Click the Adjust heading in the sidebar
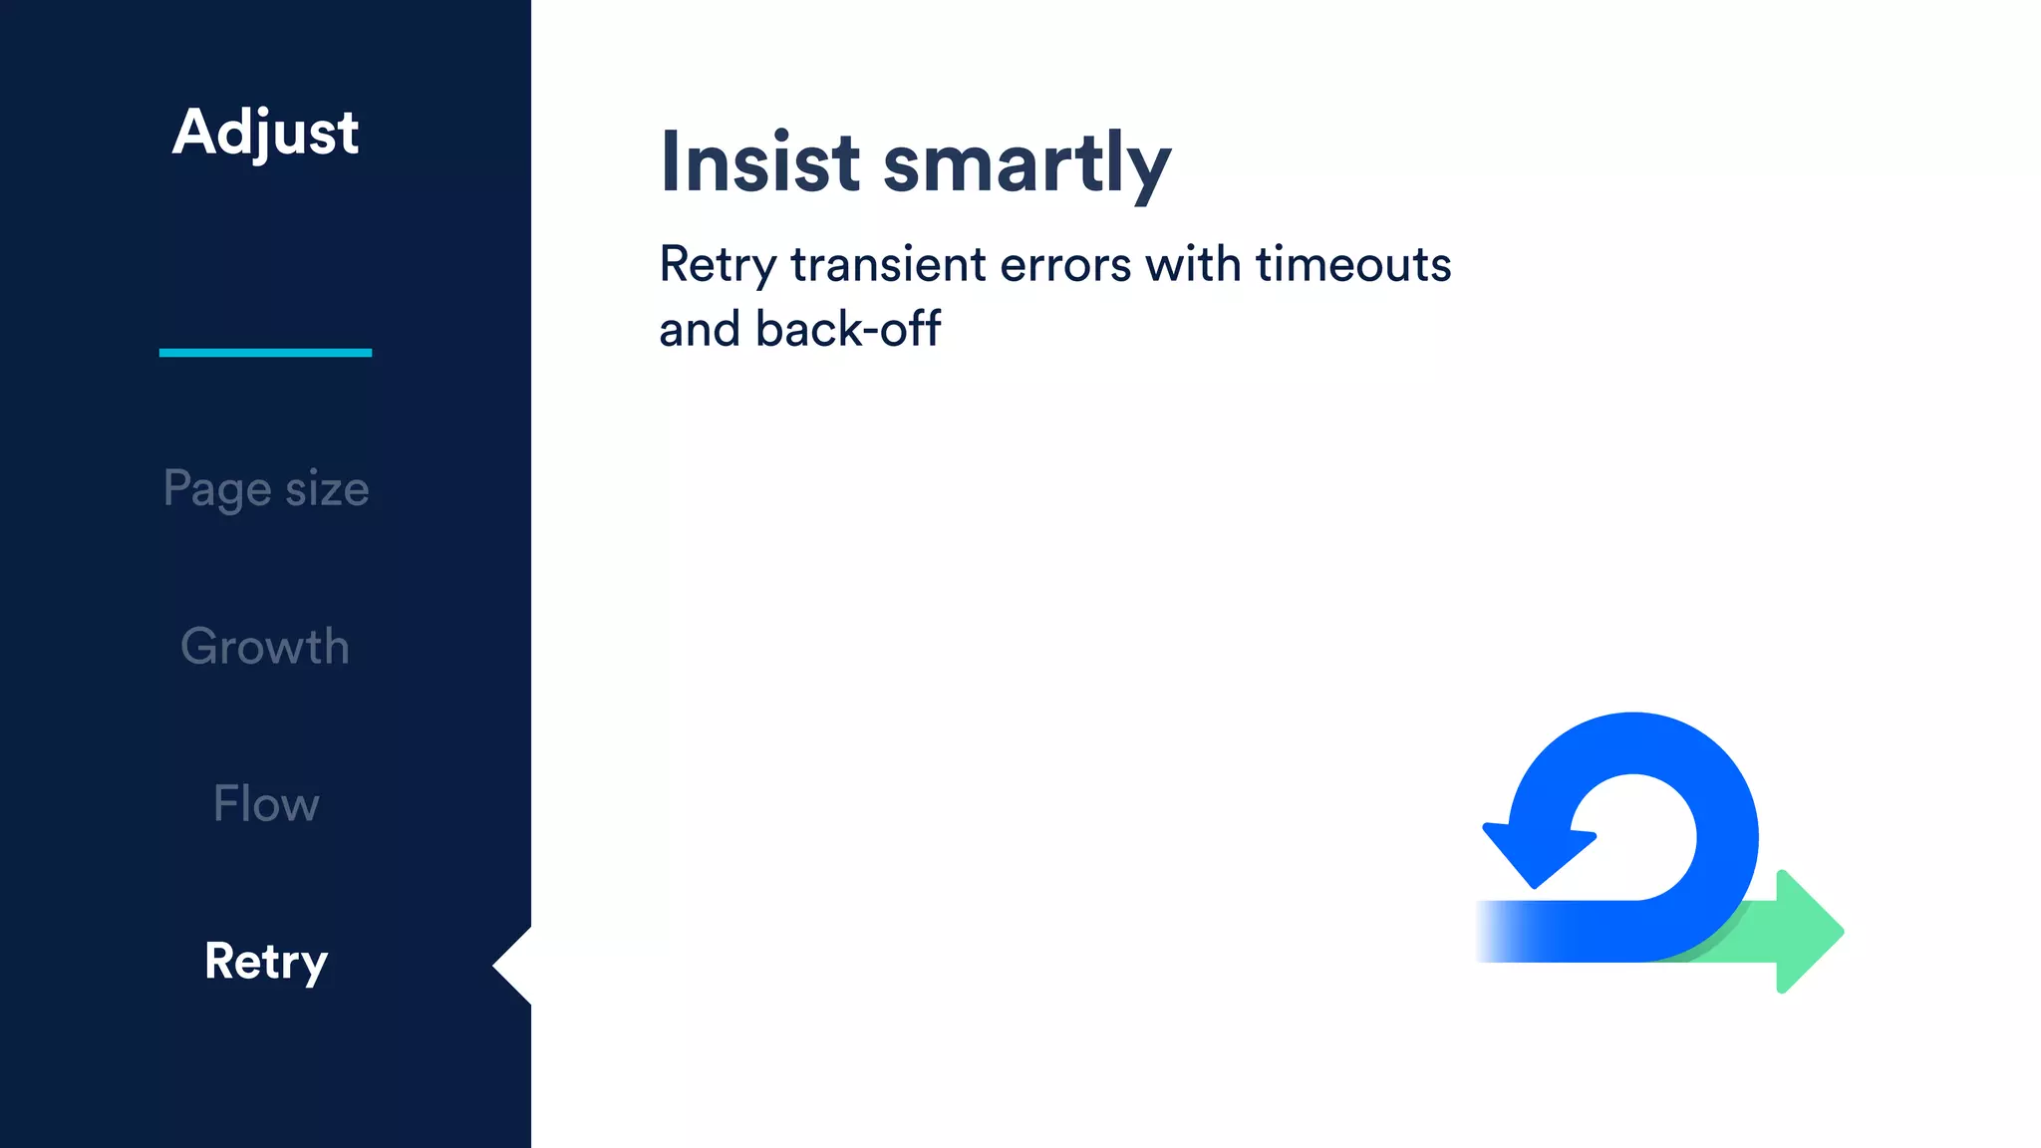265,133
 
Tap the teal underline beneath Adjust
265,352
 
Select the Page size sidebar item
265,489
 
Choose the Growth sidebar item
265,646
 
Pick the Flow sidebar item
265,803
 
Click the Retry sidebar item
265,962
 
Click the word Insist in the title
759,162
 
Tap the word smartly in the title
1026,164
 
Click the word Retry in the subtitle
718,266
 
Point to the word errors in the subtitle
1065,266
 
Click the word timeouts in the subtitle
1352,265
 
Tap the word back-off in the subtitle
848,329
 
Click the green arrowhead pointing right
1806,931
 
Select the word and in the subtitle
699,329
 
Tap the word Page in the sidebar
216,489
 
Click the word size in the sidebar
327,489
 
